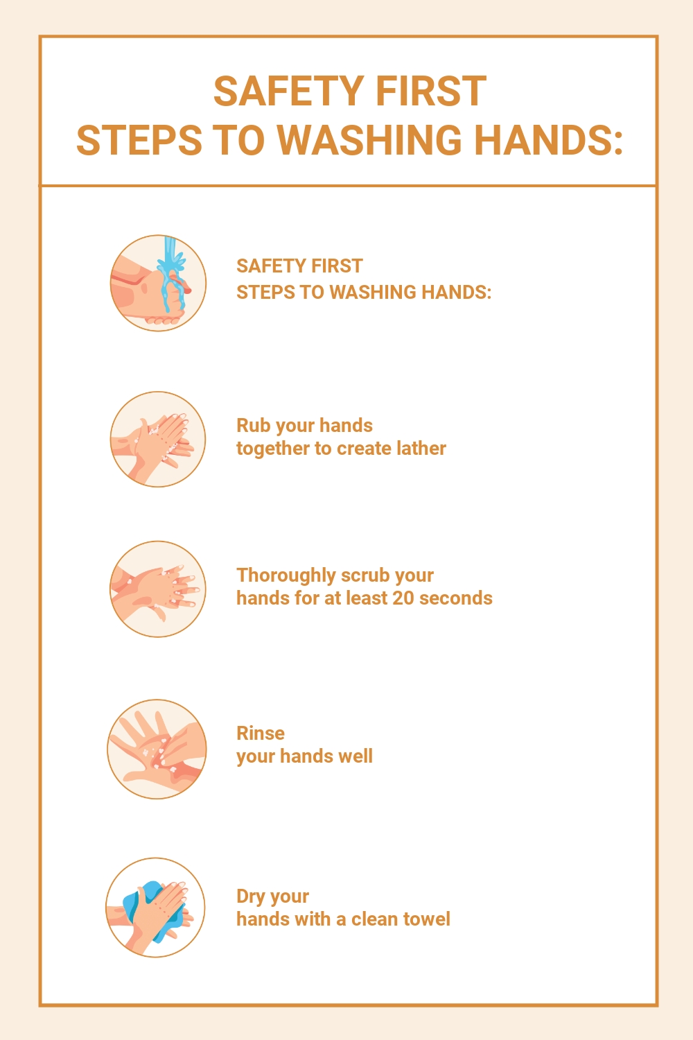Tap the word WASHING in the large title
click(373, 141)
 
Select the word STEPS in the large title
click(139, 141)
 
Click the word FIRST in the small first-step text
click(337, 266)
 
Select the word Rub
click(253, 426)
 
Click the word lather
click(421, 449)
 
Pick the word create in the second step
click(363, 449)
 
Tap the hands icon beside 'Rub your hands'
click(158, 440)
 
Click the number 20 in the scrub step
click(403, 598)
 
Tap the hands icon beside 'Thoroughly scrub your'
click(158, 589)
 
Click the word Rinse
click(261, 734)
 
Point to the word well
click(355, 756)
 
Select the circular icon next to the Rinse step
click(157, 749)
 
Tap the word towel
click(426, 919)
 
